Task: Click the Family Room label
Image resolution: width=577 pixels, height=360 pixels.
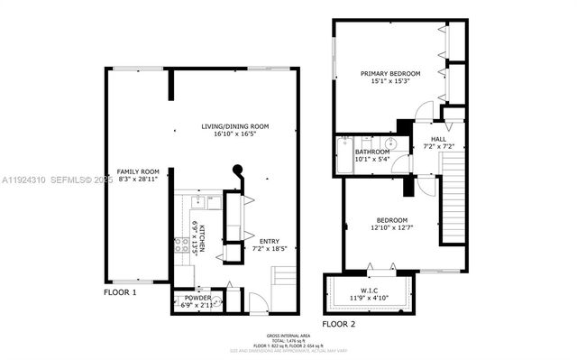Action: click(x=137, y=171)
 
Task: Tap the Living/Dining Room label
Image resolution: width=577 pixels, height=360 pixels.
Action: click(x=234, y=126)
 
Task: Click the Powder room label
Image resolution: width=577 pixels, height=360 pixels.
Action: click(x=198, y=298)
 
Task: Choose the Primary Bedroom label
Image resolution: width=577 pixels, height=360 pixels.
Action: click(x=391, y=73)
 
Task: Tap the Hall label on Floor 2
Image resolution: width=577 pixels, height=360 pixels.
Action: click(x=437, y=138)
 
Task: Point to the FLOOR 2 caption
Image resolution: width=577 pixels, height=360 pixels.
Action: click(x=339, y=323)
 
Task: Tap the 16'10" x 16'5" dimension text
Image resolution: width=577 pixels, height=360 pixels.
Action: click(x=234, y=134)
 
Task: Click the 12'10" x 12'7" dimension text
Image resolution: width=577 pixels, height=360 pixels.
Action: click(x=391, y=228)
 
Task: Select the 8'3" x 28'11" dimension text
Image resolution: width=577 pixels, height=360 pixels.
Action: click(x=137, y=180)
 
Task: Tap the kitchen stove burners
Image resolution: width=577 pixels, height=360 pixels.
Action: click(x=179, y=244)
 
